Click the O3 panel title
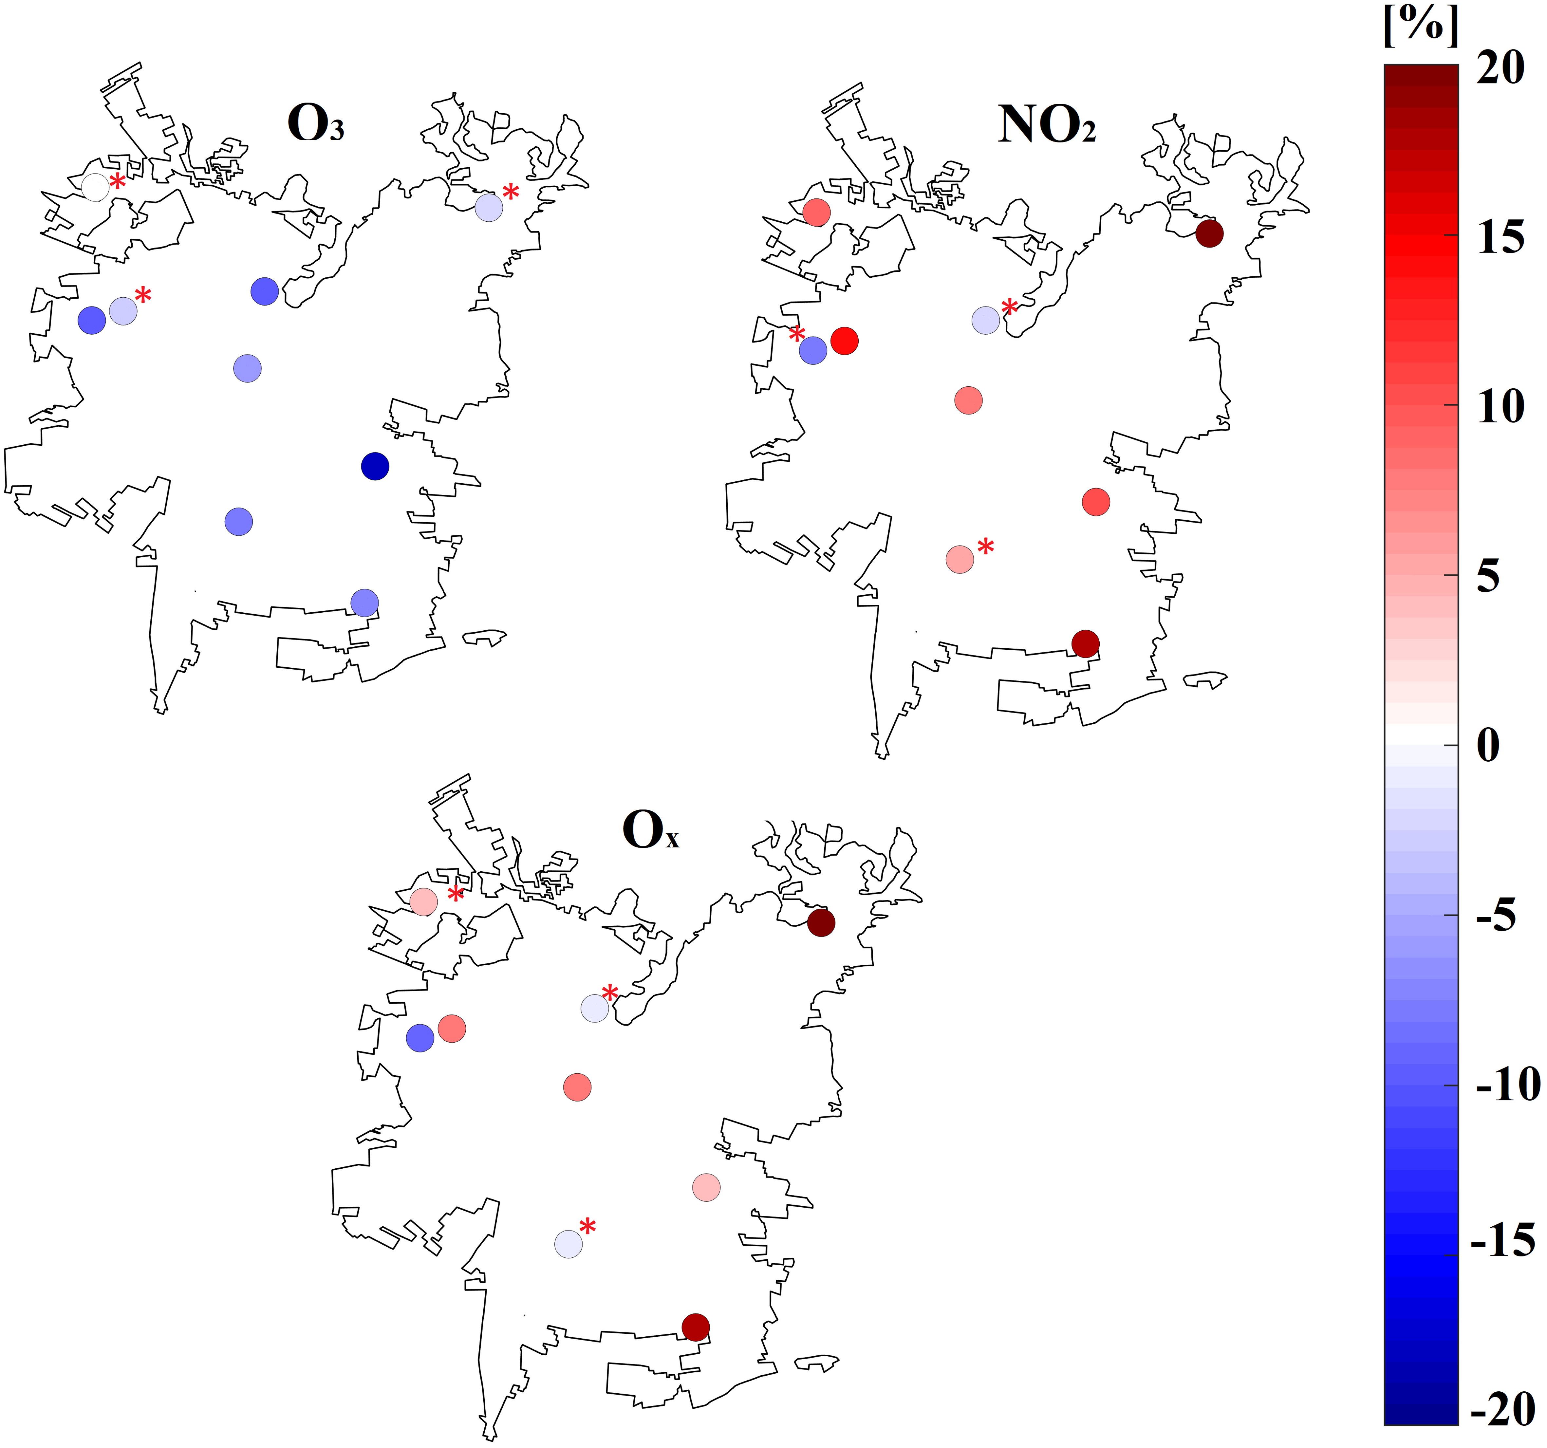point(315,123)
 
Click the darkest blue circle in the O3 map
point(375,466)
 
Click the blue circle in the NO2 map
point(813,350)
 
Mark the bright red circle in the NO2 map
point(844,340)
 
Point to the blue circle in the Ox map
point(420,1038)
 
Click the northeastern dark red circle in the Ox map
point(821,923)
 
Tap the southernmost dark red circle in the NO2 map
point(1086,643)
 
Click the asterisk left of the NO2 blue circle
point(797,335)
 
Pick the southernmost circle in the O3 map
point(364,602)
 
